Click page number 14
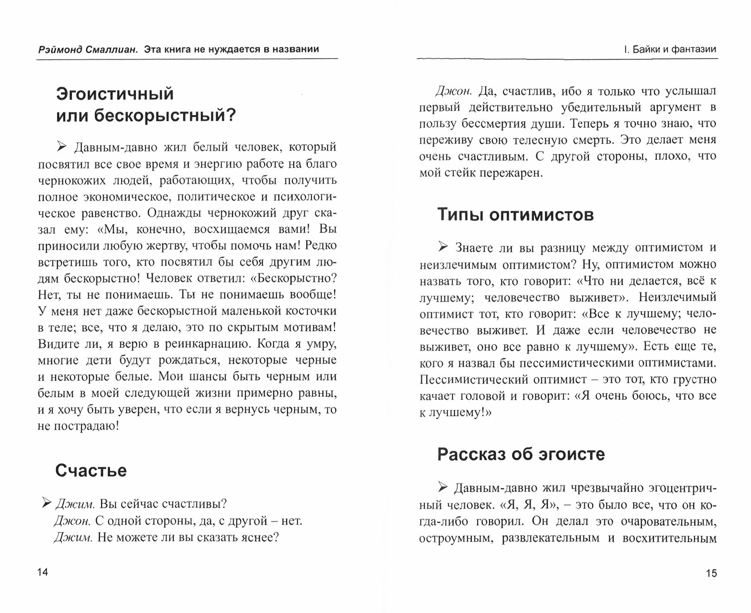[x=43, y=572]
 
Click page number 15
[x=711, y=573]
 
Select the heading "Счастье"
[x=91, y=470]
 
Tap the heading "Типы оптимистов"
[x=515, y=214]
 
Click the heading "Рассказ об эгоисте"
[x=521, y=454]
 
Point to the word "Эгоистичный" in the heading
[x=115, y=94]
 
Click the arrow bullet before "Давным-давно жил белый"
[x=62, y=147]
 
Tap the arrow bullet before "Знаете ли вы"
[x=443, y=247]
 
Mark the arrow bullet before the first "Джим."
[x=47, y=503]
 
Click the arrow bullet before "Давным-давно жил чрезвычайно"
[x=442, y=487]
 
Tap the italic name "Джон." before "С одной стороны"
[x=72, y=520]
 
